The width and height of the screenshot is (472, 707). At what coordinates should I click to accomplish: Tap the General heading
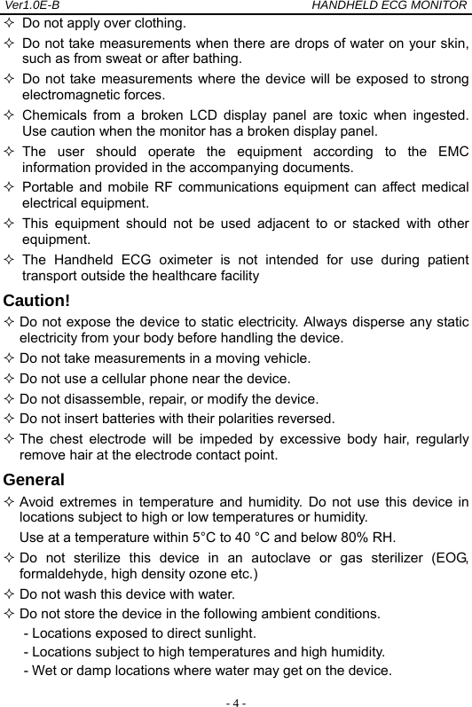point(34,480)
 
